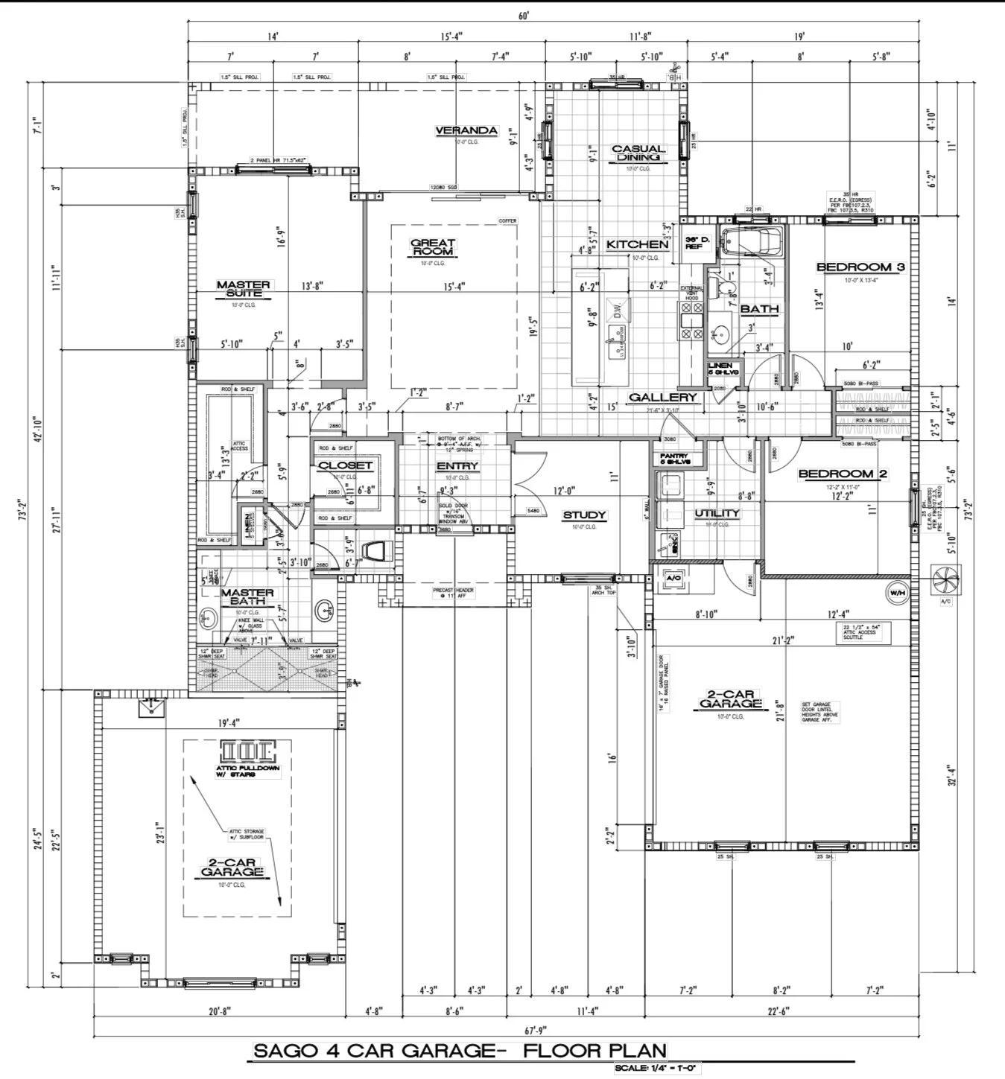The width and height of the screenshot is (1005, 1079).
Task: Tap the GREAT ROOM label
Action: pos(433,247)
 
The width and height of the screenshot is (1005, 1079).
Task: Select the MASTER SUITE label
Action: pos(244,289)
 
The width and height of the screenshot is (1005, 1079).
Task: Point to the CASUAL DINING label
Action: pos(638,153)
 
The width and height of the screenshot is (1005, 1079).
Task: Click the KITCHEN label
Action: pos(637,244)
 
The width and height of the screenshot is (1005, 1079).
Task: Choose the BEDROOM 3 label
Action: pos(860,267)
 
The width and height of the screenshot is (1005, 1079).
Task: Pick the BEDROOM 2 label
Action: pos(843,474)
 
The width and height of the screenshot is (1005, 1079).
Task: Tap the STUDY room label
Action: pos(584,515)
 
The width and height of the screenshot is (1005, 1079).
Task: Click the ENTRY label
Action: pos(457,466)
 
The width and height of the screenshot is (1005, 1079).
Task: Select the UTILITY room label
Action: pos(717,513)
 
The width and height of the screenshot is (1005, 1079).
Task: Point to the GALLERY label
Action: pos(662,397)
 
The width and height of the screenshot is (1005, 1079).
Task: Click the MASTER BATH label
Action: pos(247,596)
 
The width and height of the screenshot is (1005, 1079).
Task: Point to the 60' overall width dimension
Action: pos(524,16)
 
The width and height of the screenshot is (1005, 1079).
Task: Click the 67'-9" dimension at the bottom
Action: pos(536,1030)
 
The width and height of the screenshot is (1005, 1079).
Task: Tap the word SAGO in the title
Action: pos(286,1051)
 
